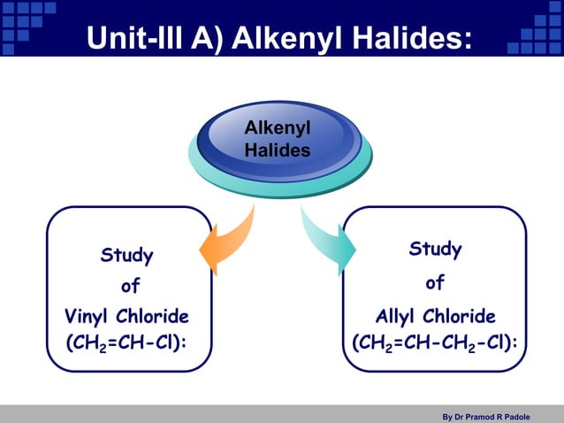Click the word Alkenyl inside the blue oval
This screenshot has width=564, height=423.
click(x=277, y=131)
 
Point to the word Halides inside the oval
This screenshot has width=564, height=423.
click(x=277, y=150)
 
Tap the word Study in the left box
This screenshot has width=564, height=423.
click(x=126, y=257)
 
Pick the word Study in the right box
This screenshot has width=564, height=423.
click(x=434, y=250)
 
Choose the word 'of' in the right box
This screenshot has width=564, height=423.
click(x=434, y=284)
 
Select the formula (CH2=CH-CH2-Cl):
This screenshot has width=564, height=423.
click(x=435, y=342)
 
